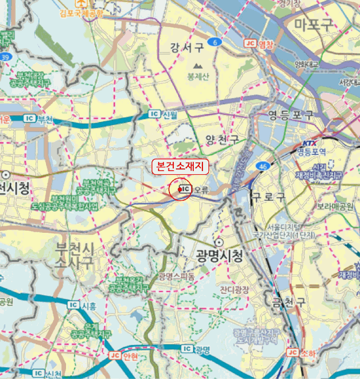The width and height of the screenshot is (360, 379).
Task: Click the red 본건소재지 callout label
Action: click(180, 167)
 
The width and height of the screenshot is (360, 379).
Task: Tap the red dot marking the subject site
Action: click(180, 190)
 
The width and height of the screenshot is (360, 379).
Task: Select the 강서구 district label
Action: click(186, 48)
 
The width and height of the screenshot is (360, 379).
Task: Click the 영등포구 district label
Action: click(291, 115)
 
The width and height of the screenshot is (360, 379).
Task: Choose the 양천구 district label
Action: click(222, 140)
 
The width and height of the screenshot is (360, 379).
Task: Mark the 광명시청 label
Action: click(219, 254)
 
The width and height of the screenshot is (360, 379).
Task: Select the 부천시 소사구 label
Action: click(75, 256)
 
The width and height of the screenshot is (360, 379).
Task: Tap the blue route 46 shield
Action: click(264, 166)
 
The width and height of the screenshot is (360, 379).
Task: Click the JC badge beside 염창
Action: click(250, 44)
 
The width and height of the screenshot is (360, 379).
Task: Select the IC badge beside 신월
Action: click(155, 114)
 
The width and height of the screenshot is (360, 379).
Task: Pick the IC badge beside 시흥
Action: click(73, 305)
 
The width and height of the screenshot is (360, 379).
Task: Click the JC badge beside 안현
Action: click(115, 356)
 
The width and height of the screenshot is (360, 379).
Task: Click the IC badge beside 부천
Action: click(30, 118)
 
